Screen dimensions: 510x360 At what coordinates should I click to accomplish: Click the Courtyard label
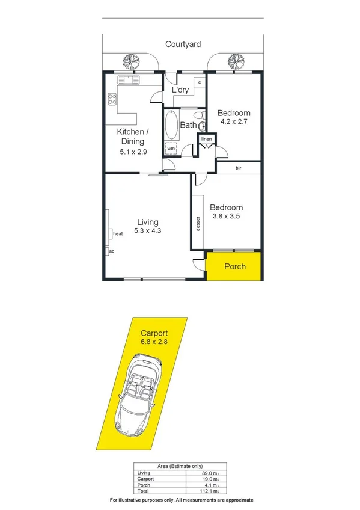click(x=184, y=44)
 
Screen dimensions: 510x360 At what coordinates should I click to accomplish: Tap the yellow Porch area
click(x=234, y=266)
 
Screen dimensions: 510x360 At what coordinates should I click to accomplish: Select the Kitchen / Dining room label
click(x=130, y=137)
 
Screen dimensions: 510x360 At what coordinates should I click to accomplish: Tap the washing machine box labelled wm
click(x=171, y=148)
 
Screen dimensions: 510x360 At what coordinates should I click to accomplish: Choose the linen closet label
click(x=207, y=140)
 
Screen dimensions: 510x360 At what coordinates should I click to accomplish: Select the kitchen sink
click(x=127, y=79)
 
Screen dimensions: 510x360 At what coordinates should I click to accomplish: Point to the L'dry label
click(x=180, y=90)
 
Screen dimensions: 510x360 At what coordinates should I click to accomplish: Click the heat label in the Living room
click(x=118, y=233)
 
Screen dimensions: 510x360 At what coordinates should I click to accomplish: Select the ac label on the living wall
click(x=111, y=251)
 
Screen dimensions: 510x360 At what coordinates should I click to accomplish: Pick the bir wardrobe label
click(x=239, y=168)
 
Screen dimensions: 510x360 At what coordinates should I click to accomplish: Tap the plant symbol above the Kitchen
click(x=129, y=60)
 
